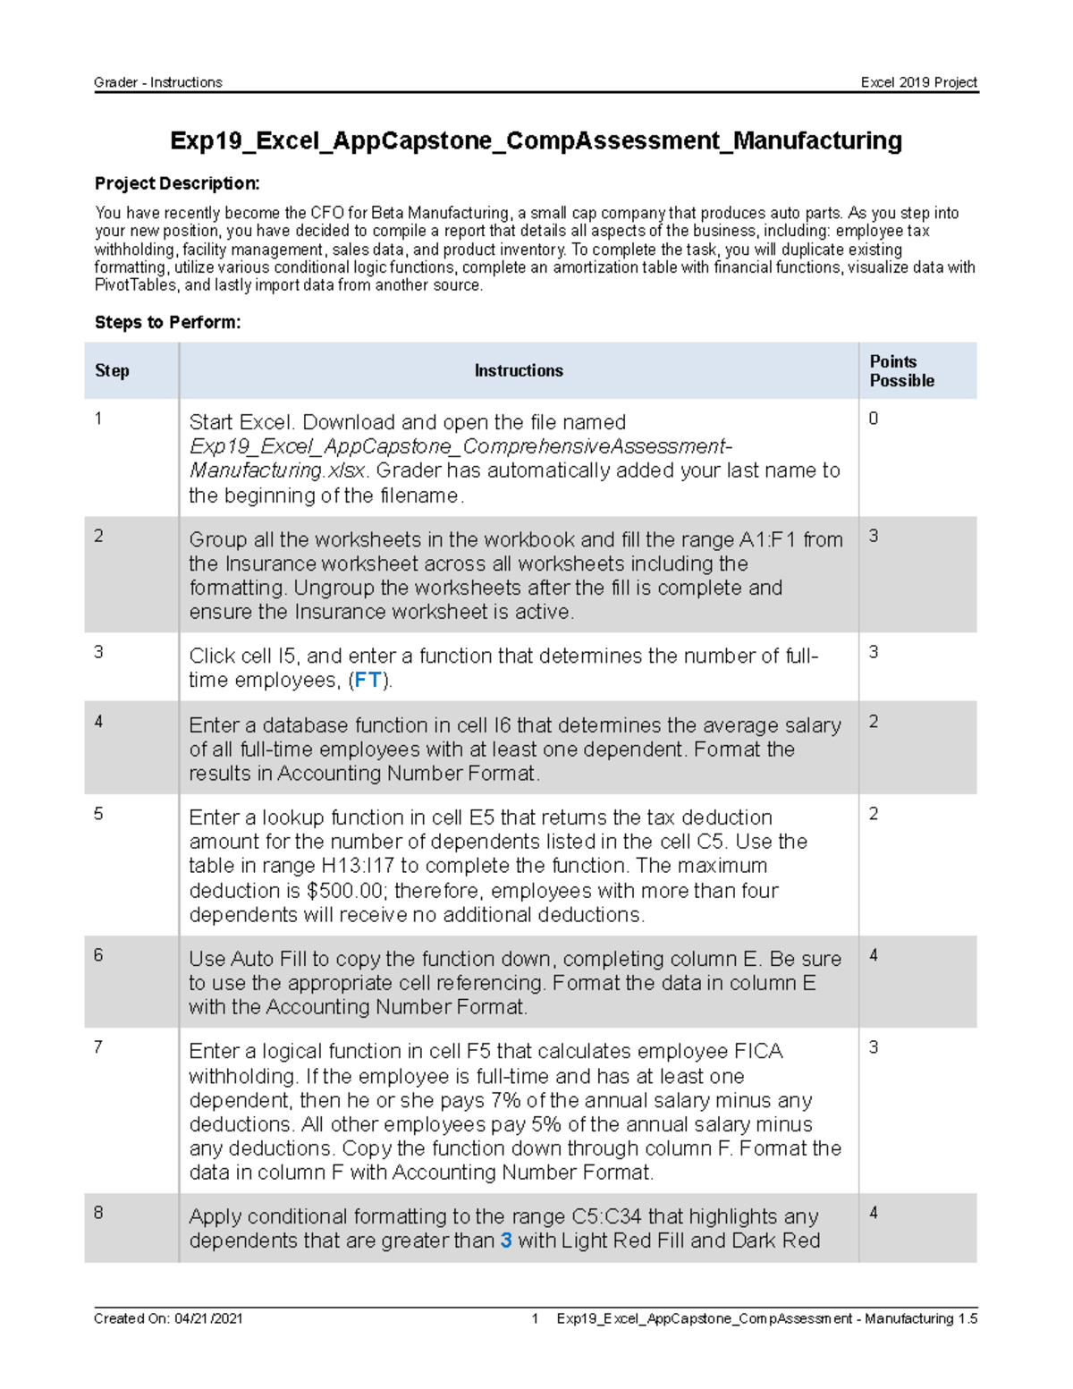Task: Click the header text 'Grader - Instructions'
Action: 157,82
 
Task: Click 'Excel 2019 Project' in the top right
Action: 918,82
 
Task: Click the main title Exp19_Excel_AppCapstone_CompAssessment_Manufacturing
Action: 536,140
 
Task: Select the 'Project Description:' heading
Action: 177,183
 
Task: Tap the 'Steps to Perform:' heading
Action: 167,322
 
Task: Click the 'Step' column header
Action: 112,370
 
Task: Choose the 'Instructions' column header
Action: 519,370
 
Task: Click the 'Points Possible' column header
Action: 901,370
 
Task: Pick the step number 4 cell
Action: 98,722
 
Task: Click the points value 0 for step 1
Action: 874,419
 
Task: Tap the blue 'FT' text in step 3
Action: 368,681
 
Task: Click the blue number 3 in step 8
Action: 506,1241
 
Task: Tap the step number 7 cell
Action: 98,1046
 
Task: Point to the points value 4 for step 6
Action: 874,955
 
